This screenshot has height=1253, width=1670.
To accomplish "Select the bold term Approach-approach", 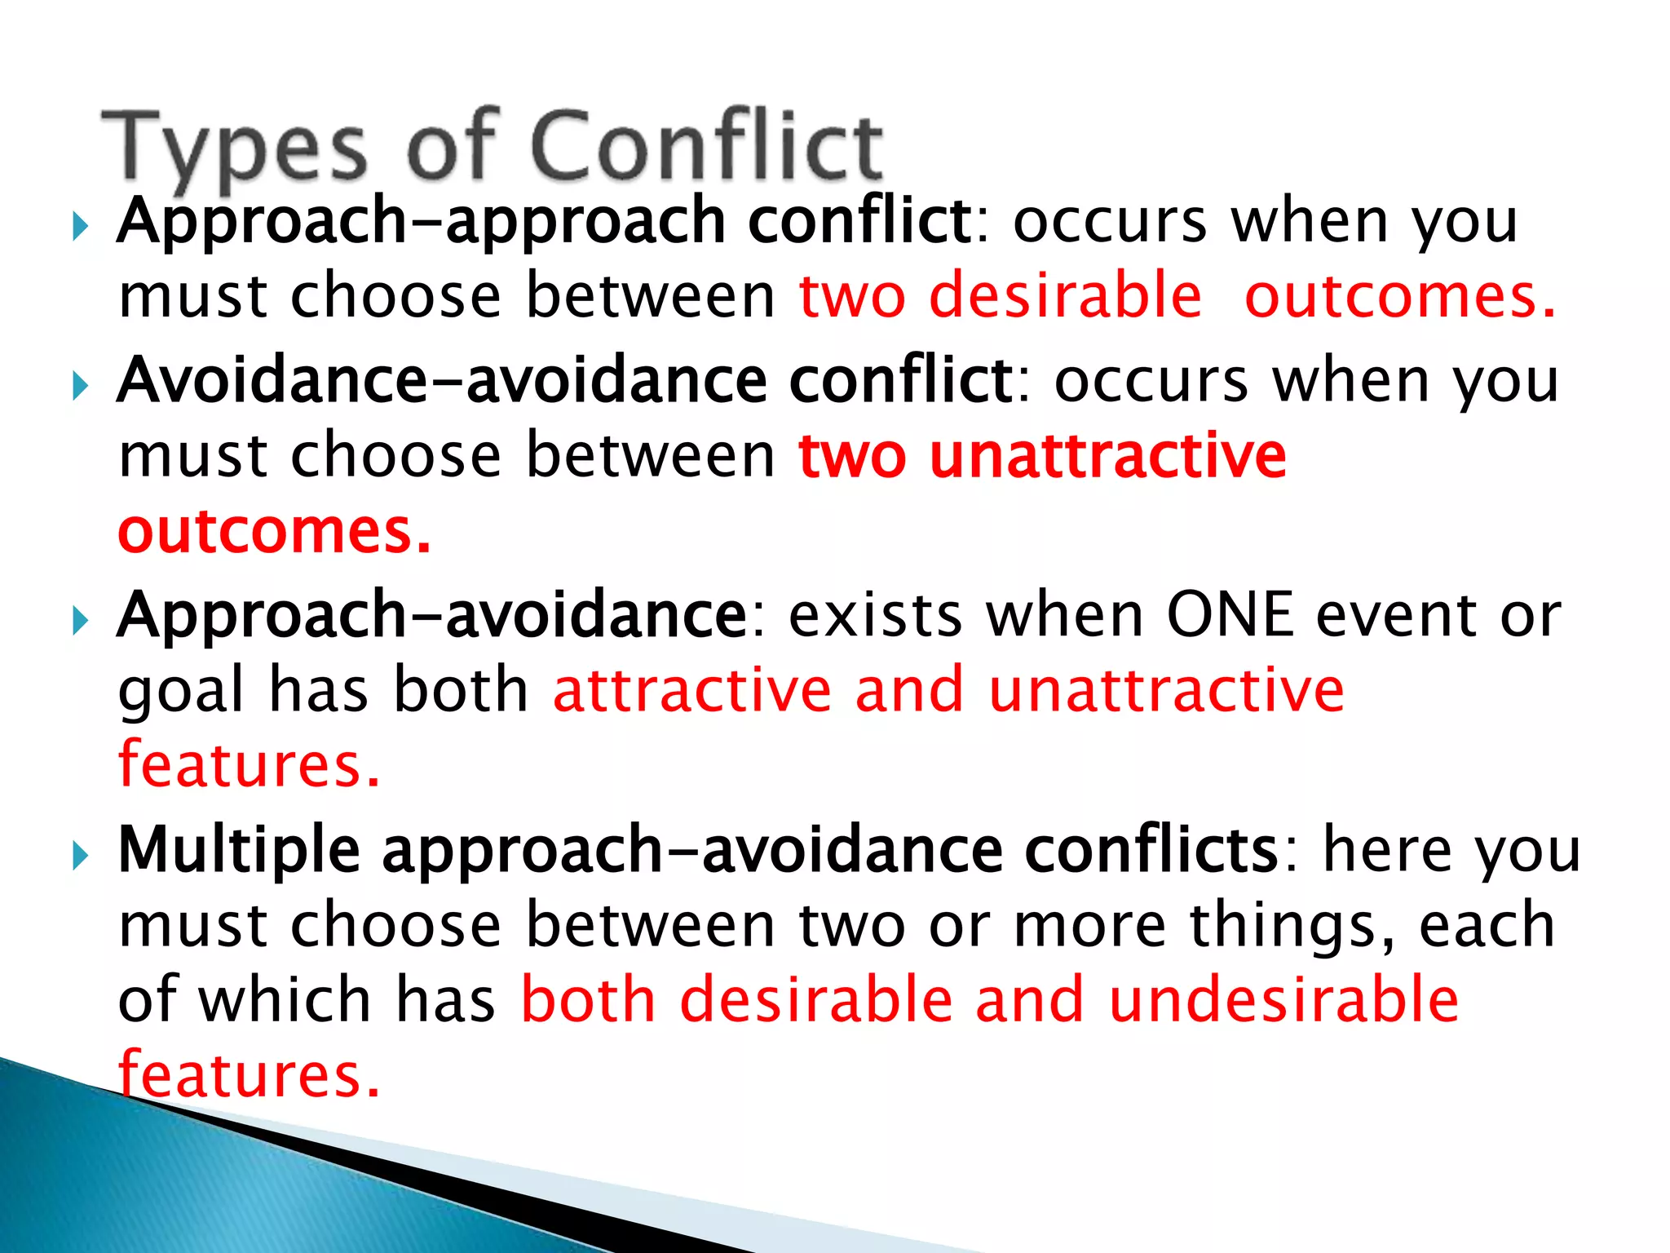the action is pyautogui.click(x=421, y=223).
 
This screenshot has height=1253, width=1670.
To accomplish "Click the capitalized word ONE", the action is pyautogui.click(x=1230, y=615).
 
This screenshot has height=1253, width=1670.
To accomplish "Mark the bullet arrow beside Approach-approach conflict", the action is pyautogui.click(x=78, y=225).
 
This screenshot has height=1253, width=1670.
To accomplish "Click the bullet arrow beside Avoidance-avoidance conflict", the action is pyautogui.click(x=78, y=384).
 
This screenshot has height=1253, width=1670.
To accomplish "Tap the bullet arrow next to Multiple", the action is pyautogui.click(x=78, y=856).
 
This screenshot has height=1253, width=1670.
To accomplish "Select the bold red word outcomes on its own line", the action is pyautogui.click(x=275, y=533).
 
